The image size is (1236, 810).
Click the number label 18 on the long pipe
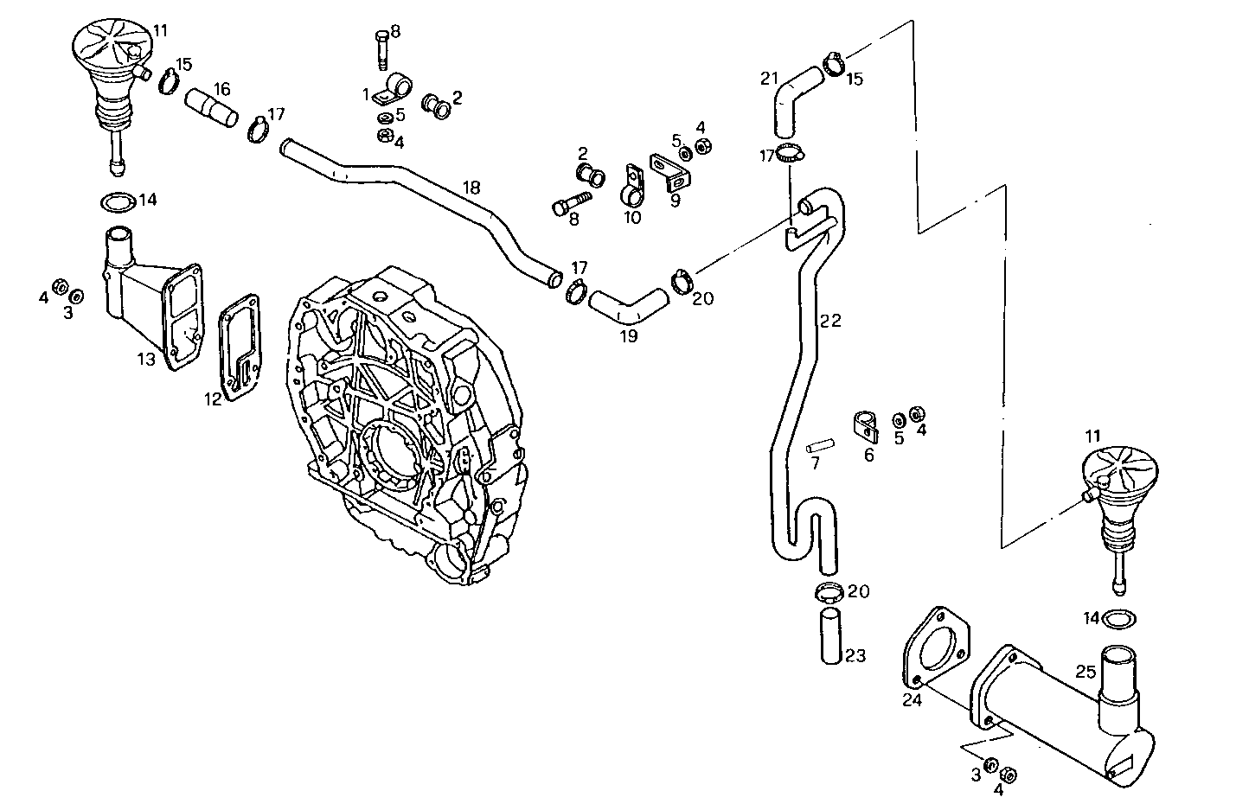coord(471,188)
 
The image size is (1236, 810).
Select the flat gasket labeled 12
coord(240,349)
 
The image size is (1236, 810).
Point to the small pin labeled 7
coord(819,447)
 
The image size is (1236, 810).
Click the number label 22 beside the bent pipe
coord(830,321)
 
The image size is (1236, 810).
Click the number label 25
coord(1086,670)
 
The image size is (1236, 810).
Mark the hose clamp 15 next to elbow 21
coord(835,64)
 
